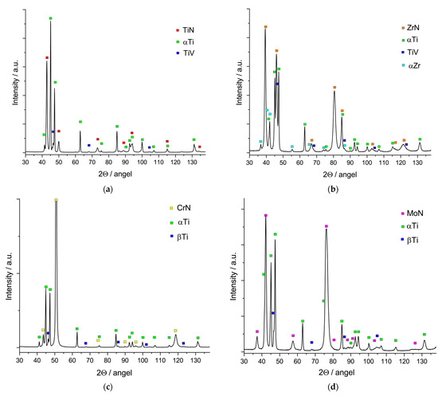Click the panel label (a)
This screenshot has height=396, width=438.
(x=108, y=186)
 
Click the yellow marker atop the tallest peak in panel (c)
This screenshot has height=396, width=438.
(x=56, y=201)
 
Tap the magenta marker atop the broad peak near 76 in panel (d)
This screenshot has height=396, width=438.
(x=327, y=226)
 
